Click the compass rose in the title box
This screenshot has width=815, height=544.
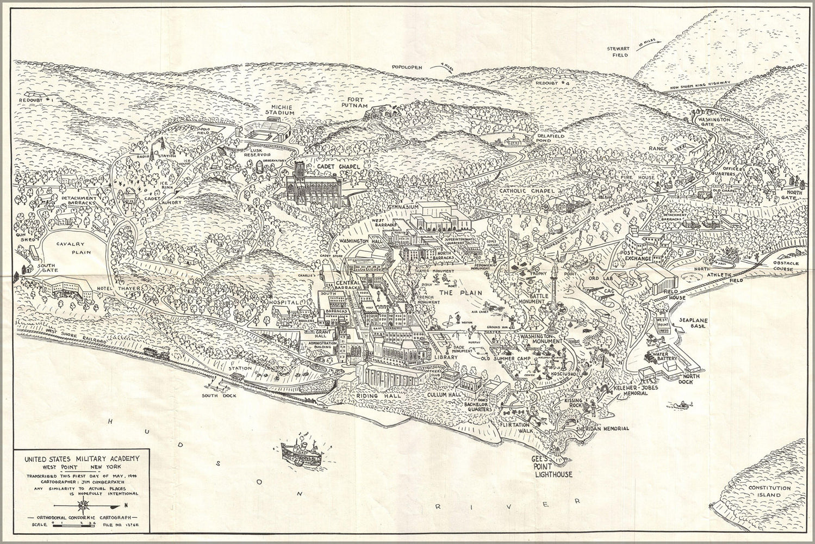click(81, 506)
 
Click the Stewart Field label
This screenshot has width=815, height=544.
click(620, 52)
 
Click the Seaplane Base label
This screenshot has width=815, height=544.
click(691, 323)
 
